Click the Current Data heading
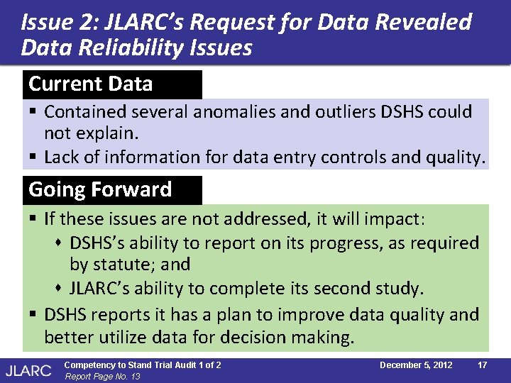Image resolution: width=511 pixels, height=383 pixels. (x=91, y=84)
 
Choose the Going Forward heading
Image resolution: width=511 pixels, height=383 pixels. (x=100, y=190)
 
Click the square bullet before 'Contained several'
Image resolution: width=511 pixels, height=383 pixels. (x=33, y=112)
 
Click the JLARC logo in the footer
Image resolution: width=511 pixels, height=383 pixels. (x=28, y=370)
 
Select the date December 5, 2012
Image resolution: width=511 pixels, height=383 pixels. (x=416, y=365)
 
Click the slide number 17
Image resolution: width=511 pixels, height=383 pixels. (x=482, y=365)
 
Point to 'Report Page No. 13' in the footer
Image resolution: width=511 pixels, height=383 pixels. (x=102, y=376)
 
